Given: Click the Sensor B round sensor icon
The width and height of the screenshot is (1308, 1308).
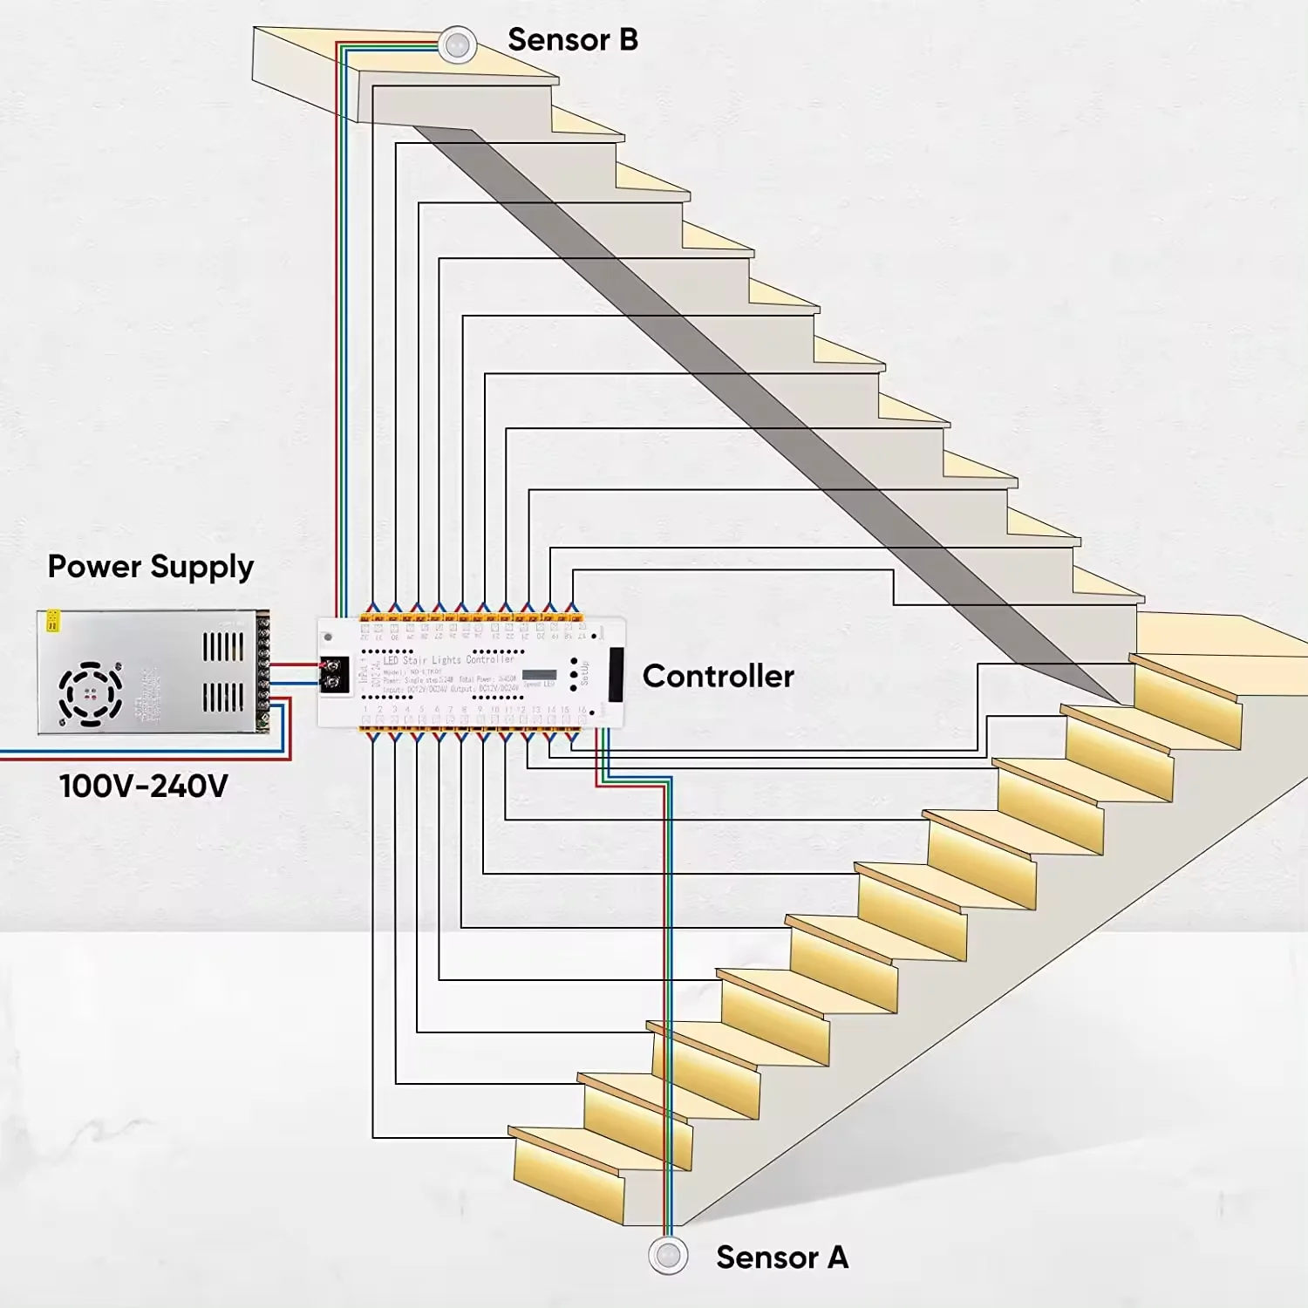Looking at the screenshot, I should click(x=457, y=44).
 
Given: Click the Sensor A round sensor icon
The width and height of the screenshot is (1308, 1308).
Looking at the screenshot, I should click(x=669, y=1256).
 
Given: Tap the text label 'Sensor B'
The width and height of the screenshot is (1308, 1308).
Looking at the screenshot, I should click(x=572, y=40).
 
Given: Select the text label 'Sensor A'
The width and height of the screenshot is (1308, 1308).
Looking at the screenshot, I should click(x=781, y=1257).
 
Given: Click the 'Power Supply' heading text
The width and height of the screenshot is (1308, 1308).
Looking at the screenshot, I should click(x=150, y=567).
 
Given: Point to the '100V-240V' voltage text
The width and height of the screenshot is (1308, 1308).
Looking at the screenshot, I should click(x=144, y=786).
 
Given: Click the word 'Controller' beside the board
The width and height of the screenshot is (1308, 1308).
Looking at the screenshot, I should click(x=718, y=676).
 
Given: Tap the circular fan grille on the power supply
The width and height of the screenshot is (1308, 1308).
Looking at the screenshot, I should click(x=90, y=694).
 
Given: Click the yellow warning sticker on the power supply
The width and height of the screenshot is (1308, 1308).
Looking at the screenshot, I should click(x=52, y=620).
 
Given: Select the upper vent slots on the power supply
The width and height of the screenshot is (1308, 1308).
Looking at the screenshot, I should click(x=223, y=647).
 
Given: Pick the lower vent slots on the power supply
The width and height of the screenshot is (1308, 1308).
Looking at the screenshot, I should click(x=223, y=698).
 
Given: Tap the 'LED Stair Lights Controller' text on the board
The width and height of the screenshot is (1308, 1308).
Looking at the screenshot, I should click(x=449, y=660).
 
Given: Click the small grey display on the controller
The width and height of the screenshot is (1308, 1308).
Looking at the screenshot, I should click(x=539, y=675).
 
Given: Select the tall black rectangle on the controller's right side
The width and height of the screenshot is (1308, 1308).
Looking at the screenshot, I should click(x=616, y=674).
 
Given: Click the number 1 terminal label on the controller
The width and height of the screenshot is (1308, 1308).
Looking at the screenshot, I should click(x=366, y=710).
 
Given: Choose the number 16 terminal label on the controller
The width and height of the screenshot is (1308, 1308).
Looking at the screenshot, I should click(x=582, y=710).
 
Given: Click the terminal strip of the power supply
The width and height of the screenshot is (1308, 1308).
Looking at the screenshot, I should click(x=262, y=671).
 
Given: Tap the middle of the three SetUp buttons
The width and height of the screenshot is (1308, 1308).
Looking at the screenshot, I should click(x=573, y=675).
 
